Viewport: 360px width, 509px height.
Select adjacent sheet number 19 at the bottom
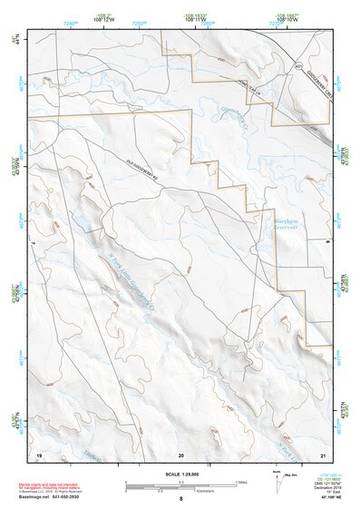point(39,454)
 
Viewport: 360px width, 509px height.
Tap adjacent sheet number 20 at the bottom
point(181,454)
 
